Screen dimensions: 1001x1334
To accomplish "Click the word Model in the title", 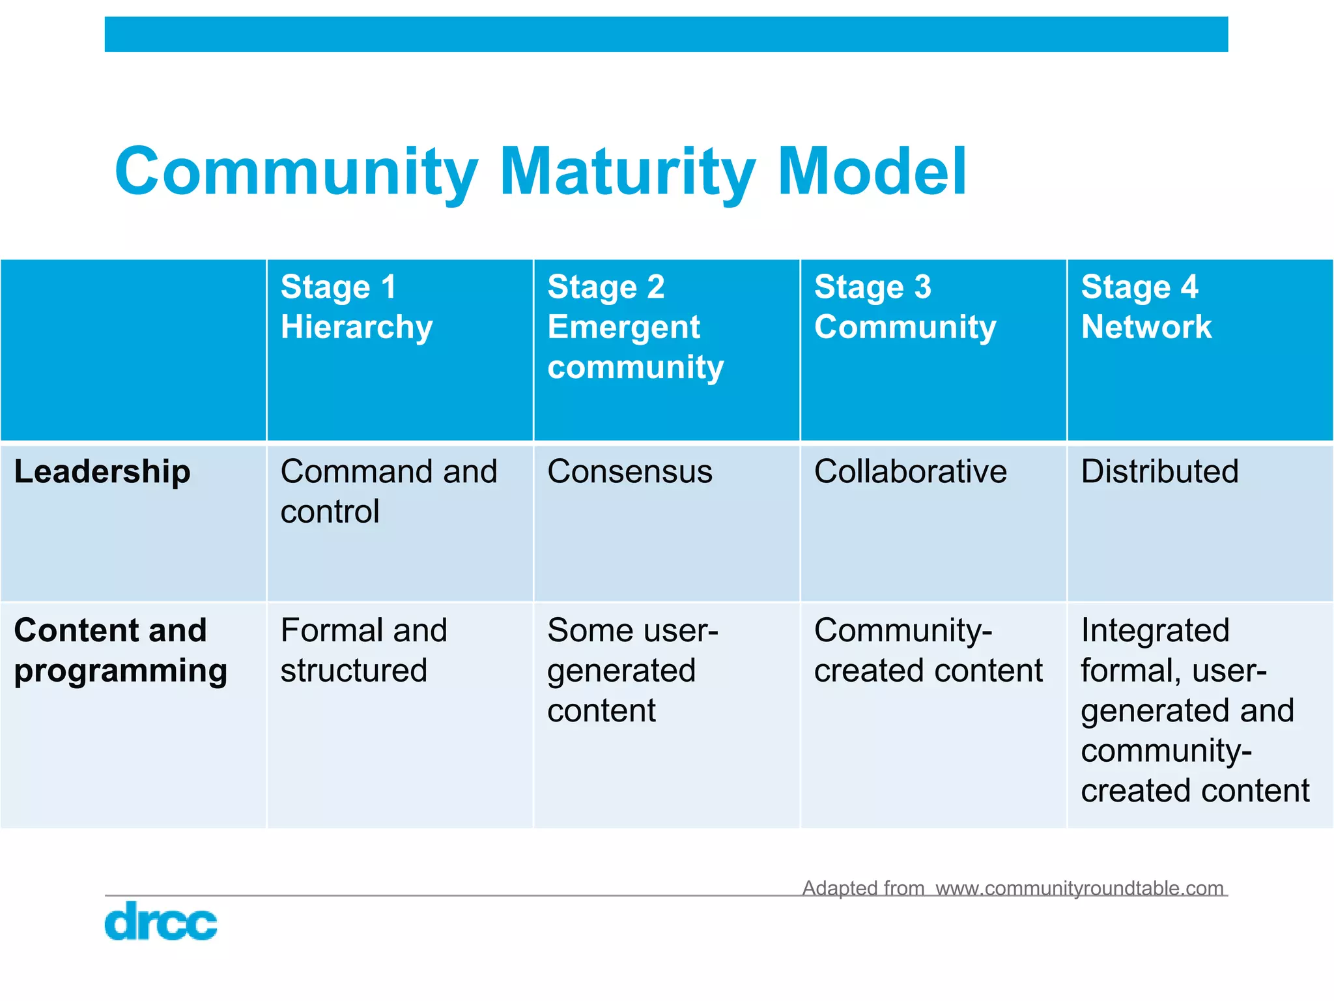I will (x=872, y=171).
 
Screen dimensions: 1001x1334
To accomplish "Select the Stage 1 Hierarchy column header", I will (x=356, y=307).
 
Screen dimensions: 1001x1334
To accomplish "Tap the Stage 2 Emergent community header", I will (x=635, y=327).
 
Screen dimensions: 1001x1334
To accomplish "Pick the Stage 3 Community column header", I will (x=905, y=307).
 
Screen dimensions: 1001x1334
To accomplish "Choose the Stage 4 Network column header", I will (x=1146, y=307).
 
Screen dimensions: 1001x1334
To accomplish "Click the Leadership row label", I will (x=102, y=472).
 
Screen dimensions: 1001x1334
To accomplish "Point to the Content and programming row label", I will (x=121, y=650).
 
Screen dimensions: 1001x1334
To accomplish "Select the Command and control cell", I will (x=388, y=491).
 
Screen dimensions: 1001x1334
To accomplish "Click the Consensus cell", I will (x=630, y=472).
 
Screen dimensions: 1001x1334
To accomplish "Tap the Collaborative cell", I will (x=910, y=472).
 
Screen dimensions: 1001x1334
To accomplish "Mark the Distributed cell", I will (x=1159, y=472).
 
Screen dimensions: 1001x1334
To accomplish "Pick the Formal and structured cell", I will (x=363, y=650).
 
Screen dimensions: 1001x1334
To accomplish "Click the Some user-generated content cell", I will (x=632, y=671).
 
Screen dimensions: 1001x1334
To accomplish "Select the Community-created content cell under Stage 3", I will (x=928, y=650).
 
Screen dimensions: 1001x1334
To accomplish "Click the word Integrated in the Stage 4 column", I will (x=1155, y=631).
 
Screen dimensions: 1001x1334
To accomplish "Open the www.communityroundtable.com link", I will (x=1079, y=888).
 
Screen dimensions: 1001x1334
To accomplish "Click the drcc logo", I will (x=160, y=921).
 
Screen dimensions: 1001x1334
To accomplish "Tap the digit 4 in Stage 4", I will (x=1189, y=287).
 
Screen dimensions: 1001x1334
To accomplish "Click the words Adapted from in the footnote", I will (x=863, y=888).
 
